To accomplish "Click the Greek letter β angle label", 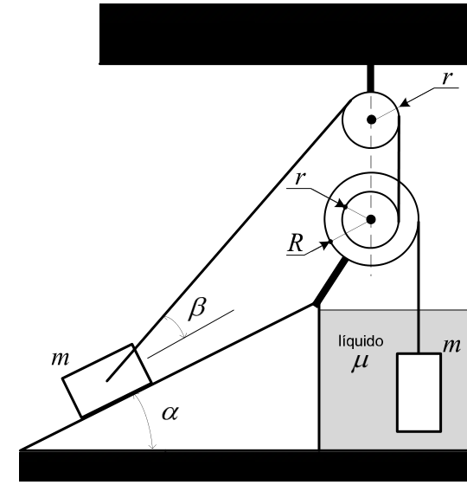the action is [x=197, y=308].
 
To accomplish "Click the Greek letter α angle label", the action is [x=170, y=413].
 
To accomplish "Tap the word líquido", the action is [x=361, y=341].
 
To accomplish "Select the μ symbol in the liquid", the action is [x=361, y=362].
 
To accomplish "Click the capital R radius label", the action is [x=296, y=243].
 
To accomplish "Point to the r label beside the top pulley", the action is [x=447, y=77].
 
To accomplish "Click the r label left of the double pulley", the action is [x=300, y=178].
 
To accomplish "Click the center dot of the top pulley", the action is [x=372, y=120].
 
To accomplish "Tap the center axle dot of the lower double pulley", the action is [x=371, y=219].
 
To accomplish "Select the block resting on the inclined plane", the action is [x=107, y=380].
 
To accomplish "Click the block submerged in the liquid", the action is [x=419, y=392].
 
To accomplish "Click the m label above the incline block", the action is [x=60, y=359].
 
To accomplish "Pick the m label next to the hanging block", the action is [x=451, y=346].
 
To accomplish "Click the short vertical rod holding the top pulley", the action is [x=371, y=78].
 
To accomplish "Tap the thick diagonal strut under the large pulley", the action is [x=329, y=282].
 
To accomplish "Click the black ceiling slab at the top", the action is [x=283, y=35].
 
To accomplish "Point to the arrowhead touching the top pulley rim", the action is [x=405, y=103].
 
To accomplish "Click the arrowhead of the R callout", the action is [x=325, y=245].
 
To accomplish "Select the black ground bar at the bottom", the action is [x=243, y=466].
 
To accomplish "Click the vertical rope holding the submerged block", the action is [x=419, y=287].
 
